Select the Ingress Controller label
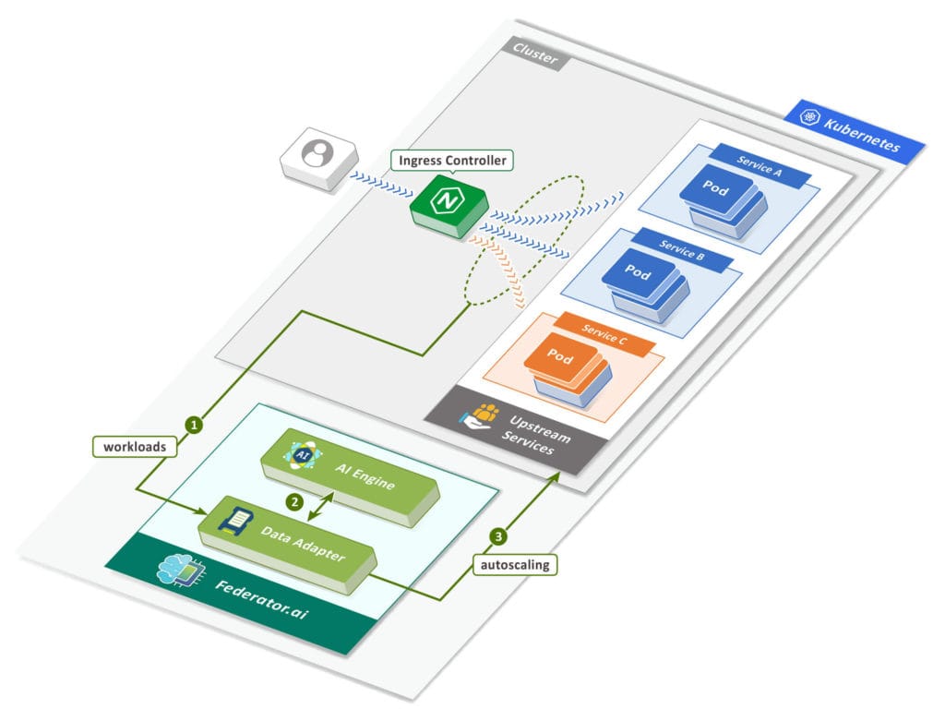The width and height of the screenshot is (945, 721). click(x=451, y=161)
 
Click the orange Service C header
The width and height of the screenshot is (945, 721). click(x=604, y=338)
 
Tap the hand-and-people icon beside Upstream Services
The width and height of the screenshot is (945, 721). click(x=481, y=416)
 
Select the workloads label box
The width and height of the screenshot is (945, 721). click(x=135, y=447)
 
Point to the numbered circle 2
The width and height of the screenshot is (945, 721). click(x=294, y=503)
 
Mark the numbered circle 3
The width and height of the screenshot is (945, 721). click(x=498, y=535)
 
